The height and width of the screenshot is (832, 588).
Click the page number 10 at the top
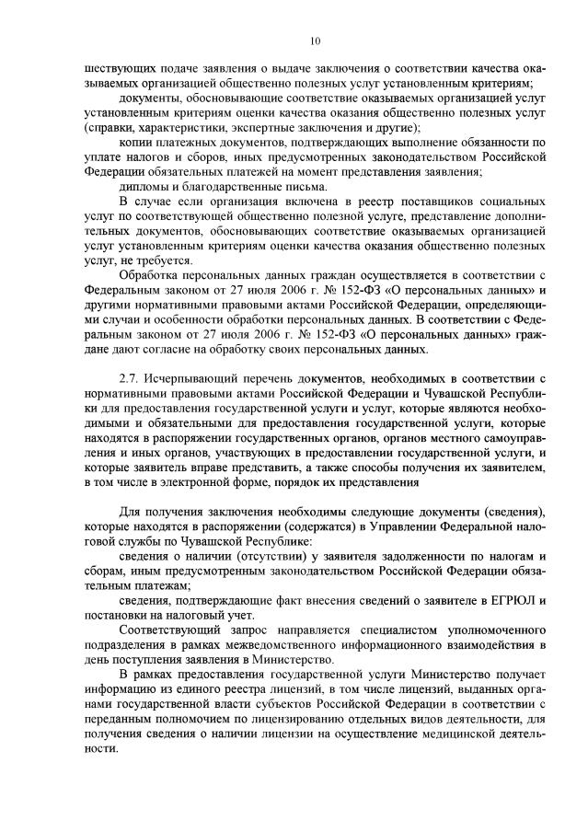pos(315,40)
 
